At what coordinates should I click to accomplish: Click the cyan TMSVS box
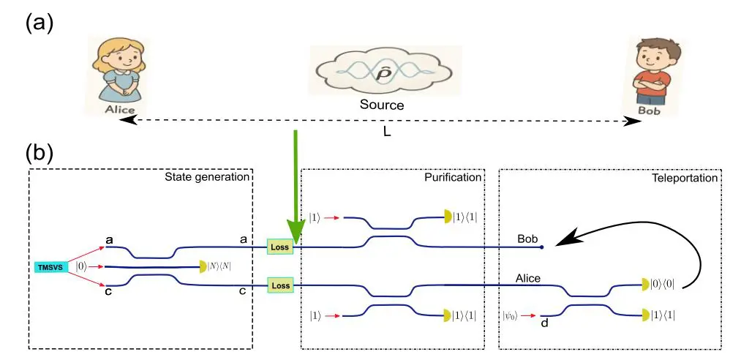click(x=51, y=267)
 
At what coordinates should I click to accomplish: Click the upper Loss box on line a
click(x=280, y=247)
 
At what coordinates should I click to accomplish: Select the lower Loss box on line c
click(x=280, y=285)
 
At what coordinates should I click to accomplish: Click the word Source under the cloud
click(x=381, y=105)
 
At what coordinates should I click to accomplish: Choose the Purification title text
click(x=453, y=177)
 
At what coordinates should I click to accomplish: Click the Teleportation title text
click(x=685, y=177)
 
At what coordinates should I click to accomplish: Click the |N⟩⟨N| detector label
click(x=220, y=266)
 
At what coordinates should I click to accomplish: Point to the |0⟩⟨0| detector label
click(x=663, y=285)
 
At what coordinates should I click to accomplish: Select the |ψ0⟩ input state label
click(x=511, y=315)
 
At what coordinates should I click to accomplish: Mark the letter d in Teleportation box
click(x=544, y=323)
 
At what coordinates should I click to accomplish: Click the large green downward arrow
click(x=295, y=187)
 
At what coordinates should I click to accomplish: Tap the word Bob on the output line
click(x=528, y=239)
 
